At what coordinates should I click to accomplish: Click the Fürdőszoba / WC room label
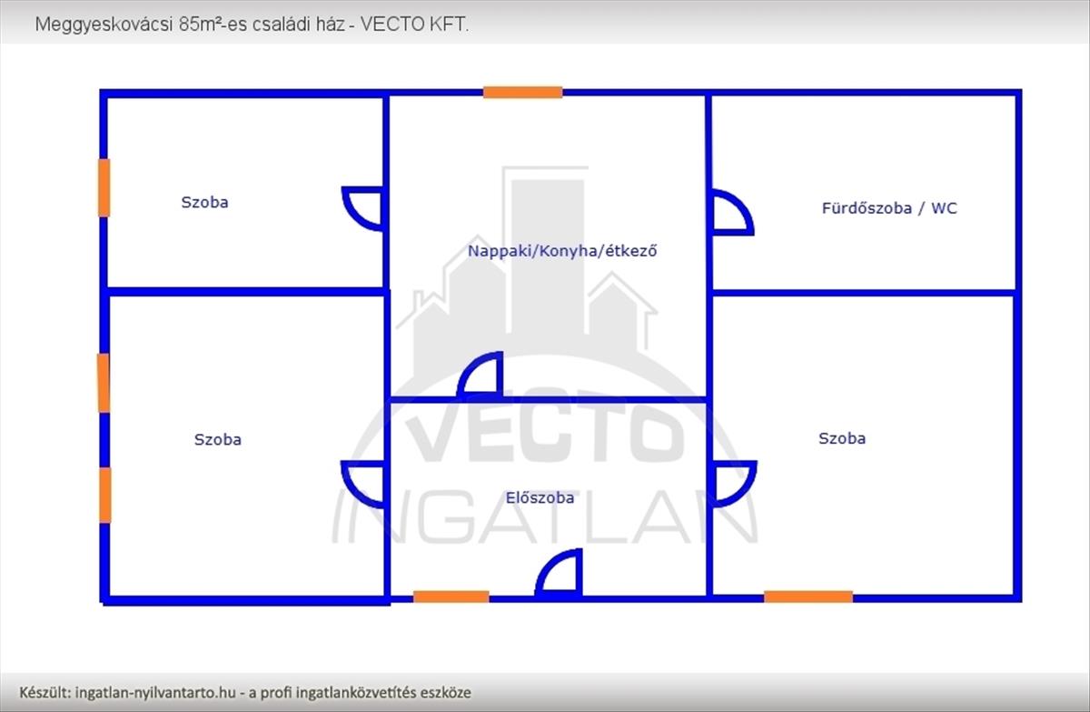888,208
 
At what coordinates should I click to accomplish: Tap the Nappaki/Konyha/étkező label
561,250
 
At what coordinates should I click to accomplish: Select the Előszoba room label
540,497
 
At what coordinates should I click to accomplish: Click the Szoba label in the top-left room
204,202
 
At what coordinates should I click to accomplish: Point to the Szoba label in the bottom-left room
218,439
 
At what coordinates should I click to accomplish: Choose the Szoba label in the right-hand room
842,438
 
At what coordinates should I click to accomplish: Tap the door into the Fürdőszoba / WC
730,214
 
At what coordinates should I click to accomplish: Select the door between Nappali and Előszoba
481,376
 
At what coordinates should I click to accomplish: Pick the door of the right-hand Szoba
732,483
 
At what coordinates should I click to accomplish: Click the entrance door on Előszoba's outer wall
560,575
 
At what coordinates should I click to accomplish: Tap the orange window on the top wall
522,92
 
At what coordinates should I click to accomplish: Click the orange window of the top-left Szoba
104,187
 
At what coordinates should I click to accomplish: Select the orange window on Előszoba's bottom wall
451,597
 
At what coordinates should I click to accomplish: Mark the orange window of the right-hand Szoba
808,597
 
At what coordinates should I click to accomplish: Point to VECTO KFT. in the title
415,25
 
